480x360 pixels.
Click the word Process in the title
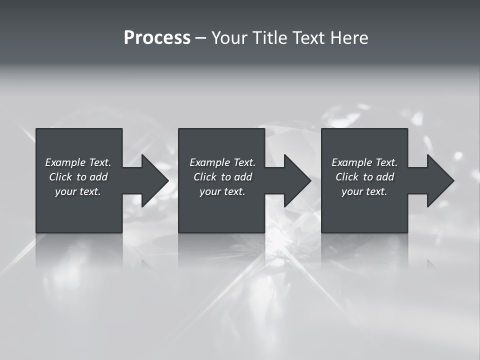[x=157, y=38]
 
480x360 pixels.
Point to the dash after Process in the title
[x=201, y=38]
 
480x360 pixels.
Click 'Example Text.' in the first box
[x=78, y=162]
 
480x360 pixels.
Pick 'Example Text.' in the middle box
[x=222, y=162]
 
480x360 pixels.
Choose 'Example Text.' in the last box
[x=364, y=162]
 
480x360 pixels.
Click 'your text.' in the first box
[x=78, y=191]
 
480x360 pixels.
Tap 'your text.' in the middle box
[x=222, y=191]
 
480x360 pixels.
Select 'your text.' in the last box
[x=364, y=191]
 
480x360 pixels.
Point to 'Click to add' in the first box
[x=78, y=177]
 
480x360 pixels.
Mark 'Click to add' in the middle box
[x=222, y=177]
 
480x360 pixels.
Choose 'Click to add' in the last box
[x=364, y=177]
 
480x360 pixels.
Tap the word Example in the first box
[x=65, y=162]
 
